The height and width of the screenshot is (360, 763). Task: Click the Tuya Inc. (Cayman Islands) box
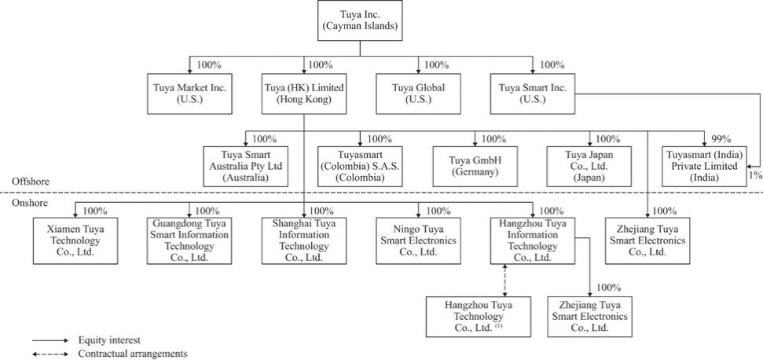tap(360, 21)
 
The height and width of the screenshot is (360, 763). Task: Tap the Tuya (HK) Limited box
tap(304, 94)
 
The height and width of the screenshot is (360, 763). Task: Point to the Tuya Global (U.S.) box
tap(418, 94)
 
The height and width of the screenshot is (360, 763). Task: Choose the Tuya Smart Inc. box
tap(532, 94)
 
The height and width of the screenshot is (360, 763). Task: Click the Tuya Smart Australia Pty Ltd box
tap(246, 167)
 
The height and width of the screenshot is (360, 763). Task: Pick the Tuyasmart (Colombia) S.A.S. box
tap(360, 167)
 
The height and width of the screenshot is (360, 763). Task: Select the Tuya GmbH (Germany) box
tap(475, 167)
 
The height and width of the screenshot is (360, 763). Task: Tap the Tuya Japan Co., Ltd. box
tap(589, 167)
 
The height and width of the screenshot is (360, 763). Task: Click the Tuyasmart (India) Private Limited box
tap(703, 167)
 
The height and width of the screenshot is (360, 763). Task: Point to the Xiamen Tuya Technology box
tap(75, 241)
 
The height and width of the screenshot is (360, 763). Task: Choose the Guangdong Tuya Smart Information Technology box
tap(190, 241)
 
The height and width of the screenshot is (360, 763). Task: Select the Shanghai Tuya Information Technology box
tap(304, 241)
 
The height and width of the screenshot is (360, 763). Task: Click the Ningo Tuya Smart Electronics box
tap(418, 241)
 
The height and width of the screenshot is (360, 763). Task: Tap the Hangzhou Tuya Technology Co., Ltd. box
tap(479, 317)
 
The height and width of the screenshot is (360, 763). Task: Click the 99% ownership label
tap(721, 138)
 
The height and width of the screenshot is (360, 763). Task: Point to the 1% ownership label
tap(755, 175)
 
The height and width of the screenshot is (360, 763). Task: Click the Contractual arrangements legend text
tap(133, 354)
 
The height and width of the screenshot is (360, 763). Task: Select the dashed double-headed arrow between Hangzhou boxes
tap(504, 280)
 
